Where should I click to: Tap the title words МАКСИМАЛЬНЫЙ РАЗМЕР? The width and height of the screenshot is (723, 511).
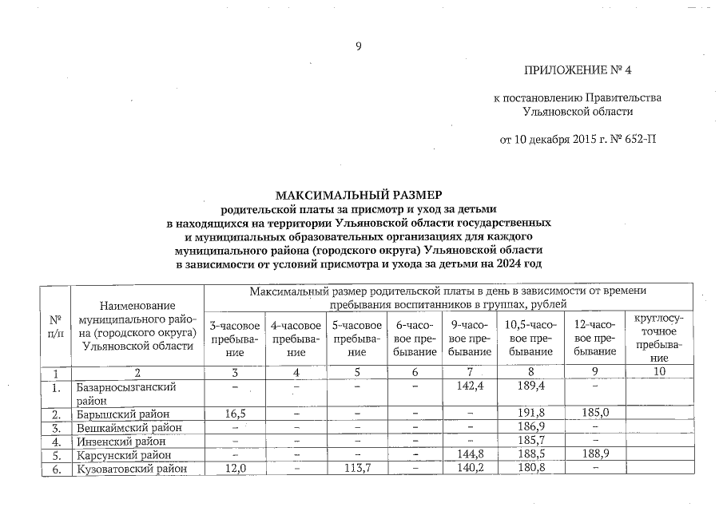pos(359,195)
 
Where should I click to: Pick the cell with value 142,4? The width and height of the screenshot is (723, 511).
pos(470,386)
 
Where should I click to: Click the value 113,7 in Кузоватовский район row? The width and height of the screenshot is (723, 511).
pos(357,469)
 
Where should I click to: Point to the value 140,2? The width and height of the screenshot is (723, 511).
pos(470,469)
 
